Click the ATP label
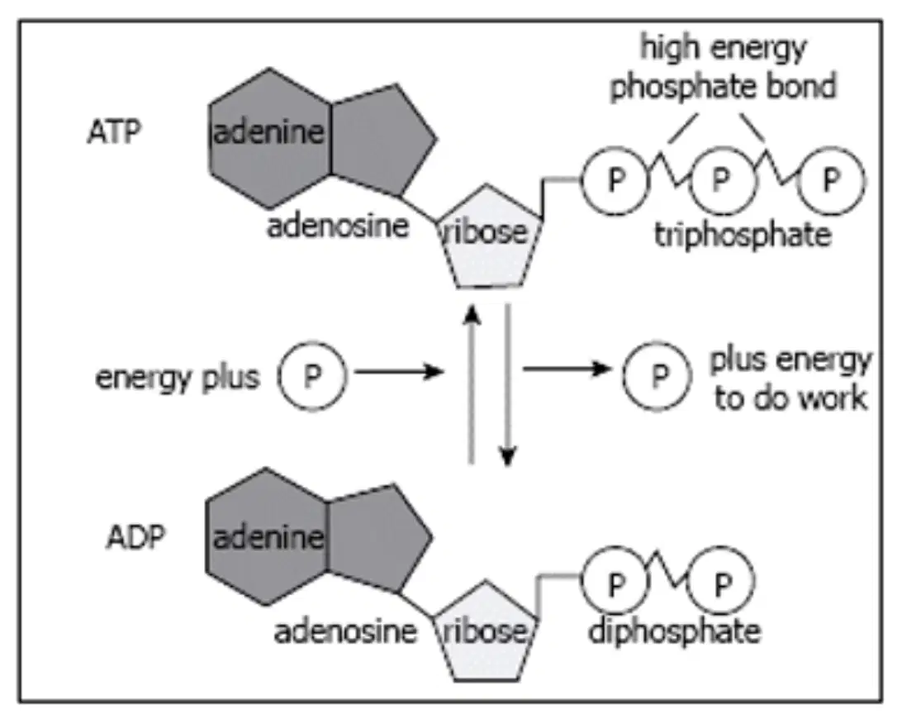[x=114, y=132]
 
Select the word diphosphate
[x=674, y=631]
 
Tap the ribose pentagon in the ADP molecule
[x=486, y=632]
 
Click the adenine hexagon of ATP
[x=269, y=138]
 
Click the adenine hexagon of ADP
[x=267, y=536]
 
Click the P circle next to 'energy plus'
[x=312, y=377]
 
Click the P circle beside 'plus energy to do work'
[x=658, y=376]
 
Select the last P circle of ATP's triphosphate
[x=831, y=181]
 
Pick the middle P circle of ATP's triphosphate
[x=722, y=181]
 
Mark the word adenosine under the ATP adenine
[x=338, y=226]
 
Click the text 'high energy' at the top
[x=723, y=48]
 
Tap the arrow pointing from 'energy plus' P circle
[x=399, y=372]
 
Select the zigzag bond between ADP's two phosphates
[x=668, y=570]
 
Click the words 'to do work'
[x=790, y=398]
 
